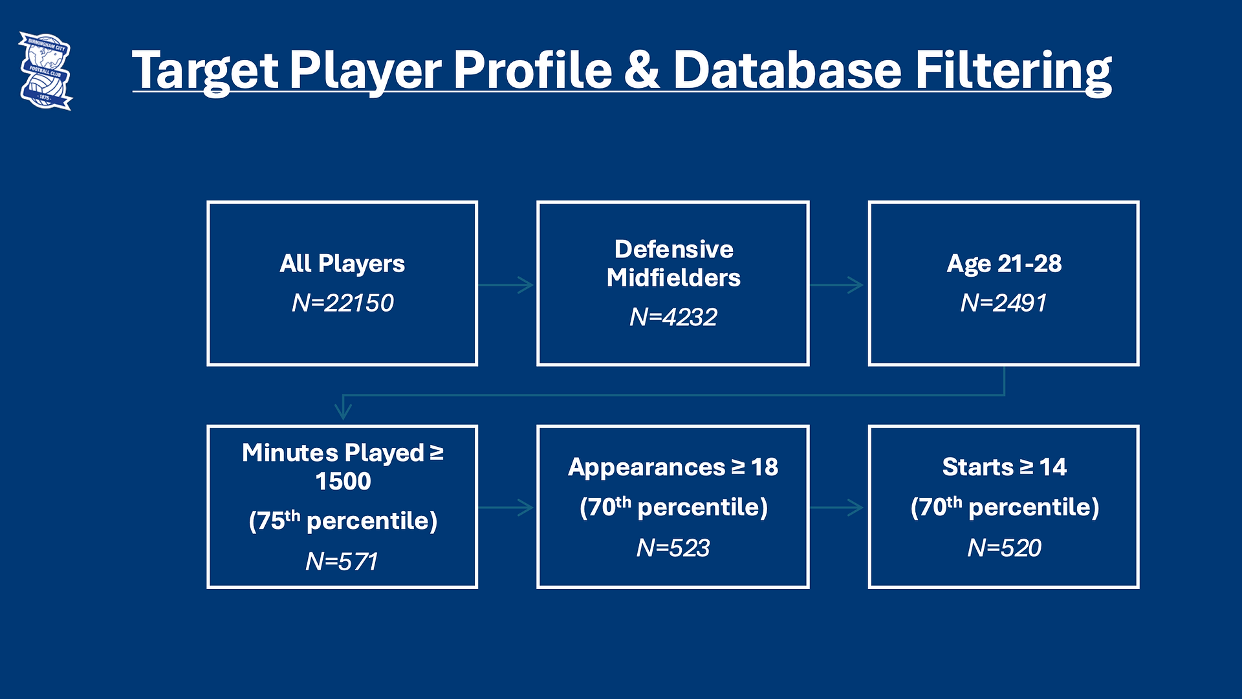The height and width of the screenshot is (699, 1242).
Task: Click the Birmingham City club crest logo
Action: pos(45,70)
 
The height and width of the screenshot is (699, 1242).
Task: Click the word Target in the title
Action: pos(205,70)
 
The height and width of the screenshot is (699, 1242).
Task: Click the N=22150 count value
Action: pos(342,303)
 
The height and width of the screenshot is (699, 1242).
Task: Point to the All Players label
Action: pos(342,264)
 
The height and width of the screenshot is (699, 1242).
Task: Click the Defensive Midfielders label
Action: pos(673,263)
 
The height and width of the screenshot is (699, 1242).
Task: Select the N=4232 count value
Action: pos(673,317)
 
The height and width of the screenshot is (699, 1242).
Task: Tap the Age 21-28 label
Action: pos(1004,263)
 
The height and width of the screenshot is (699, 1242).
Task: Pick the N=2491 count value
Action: pos(1003,303)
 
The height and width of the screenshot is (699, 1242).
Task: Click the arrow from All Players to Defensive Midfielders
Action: pos(506,285)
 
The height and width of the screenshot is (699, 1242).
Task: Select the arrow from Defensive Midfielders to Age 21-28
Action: pos(836,285)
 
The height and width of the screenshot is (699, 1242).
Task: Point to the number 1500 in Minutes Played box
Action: pos(343,482)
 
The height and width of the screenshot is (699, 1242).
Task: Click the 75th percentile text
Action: pos(343,521)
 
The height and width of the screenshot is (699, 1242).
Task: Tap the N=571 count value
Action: pos(342,561)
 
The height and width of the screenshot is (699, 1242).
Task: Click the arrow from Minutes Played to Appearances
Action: pos(506,508)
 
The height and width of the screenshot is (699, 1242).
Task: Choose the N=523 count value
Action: pos(673,548)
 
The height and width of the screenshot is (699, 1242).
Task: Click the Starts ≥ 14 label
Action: pos(1004,467)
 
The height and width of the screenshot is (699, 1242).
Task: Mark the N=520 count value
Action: pos(1004,548)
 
